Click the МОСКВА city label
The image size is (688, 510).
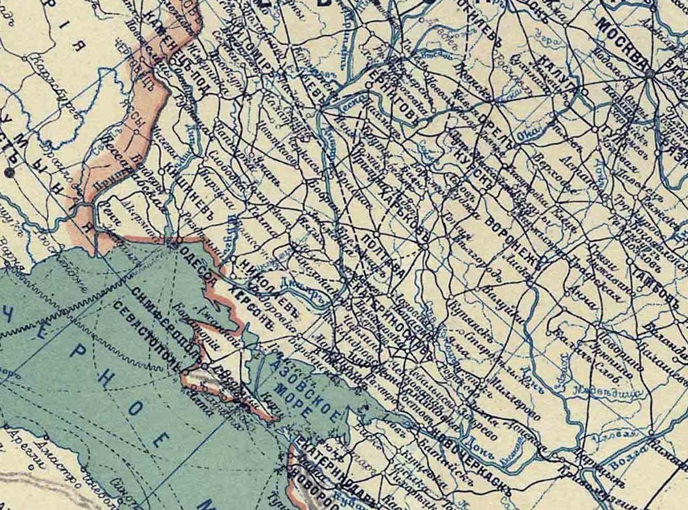pos(622,40)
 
